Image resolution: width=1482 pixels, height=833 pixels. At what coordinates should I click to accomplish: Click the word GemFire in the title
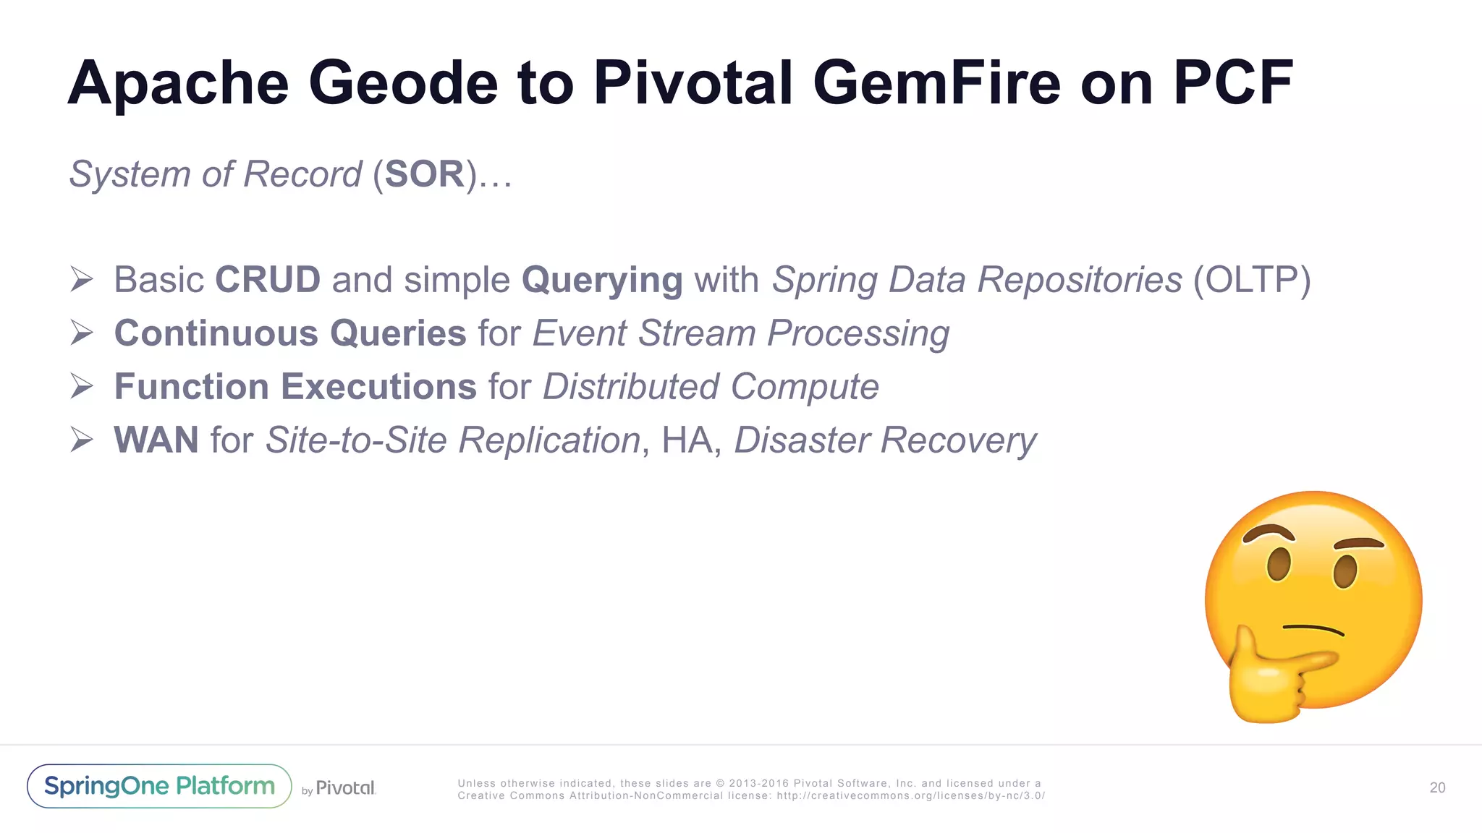click(x=936, y=83)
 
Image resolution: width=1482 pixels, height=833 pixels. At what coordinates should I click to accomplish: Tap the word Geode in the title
click(x=403, y=83)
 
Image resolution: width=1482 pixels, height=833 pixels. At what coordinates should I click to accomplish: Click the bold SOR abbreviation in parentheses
click(x=425, y=174)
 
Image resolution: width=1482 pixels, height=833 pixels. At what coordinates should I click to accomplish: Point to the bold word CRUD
click(x=268, y=280)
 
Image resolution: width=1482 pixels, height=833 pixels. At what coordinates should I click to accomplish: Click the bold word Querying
click(x=601, y=281)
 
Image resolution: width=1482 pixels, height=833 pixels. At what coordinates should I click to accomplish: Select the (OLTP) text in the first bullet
click(x=1252, y=281)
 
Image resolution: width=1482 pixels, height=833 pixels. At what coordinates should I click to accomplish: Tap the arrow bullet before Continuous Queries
click(x=82, y=333)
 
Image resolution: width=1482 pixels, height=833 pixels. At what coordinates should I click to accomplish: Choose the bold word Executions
click(x=378, y=387)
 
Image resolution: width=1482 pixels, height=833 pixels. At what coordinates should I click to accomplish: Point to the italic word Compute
click(x=805, y=387)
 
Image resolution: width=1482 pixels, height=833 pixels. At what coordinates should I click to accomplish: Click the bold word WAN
click(x=156, y=440)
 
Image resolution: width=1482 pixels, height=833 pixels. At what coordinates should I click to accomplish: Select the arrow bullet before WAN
click(x=82, y=440)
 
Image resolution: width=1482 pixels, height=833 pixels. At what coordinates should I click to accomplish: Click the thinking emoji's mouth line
click(x=1313, y=628)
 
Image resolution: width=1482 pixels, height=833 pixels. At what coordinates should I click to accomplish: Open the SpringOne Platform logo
click(x=159, y=786)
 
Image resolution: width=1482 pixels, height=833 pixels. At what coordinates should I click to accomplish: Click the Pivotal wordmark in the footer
click(x=345, y=787)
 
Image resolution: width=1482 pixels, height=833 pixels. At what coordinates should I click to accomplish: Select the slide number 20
click(x=1437, y=787)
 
